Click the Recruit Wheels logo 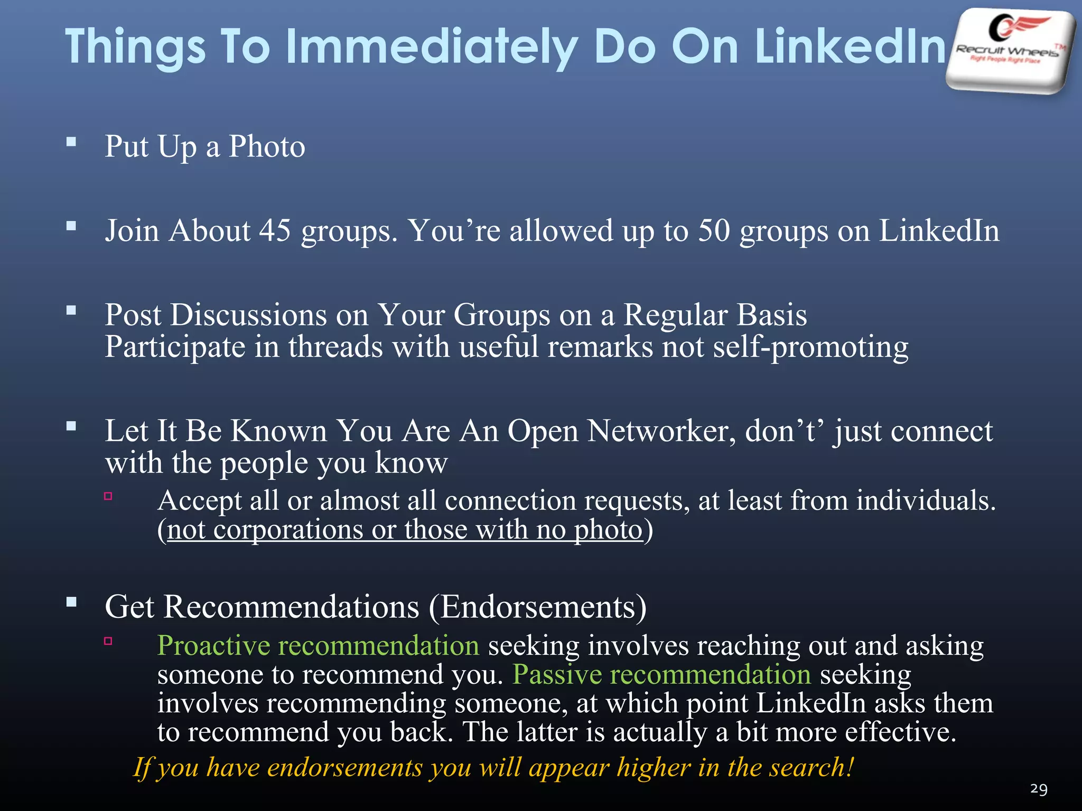[x=1010, y=50]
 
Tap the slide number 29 [x=1039, y=789]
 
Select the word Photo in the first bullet [x=267, y=146]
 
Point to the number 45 [x=275, y=231]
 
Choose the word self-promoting [x=810, y=347]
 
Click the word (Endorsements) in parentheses [x=537, y=607]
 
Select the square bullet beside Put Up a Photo [x=72, y=142]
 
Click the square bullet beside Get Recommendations [x=72, y=602]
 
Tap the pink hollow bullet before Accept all [x=108, y=496]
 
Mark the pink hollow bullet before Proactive [x=108, y=641]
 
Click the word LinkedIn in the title [x=850, y=48]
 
